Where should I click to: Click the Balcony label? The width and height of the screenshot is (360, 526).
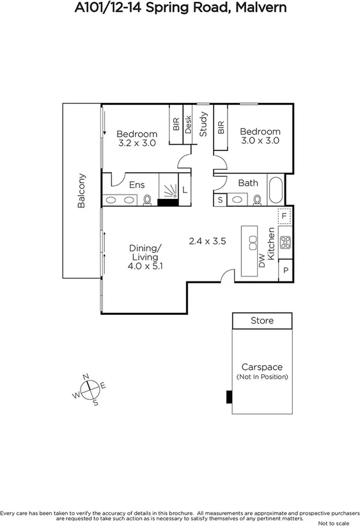point(81,190)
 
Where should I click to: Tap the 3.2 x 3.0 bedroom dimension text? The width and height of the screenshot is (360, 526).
point(137,143)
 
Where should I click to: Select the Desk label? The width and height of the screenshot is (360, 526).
point(189,124)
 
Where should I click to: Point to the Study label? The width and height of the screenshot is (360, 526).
point(203,125)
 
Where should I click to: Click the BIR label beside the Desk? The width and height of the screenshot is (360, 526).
point(175,124)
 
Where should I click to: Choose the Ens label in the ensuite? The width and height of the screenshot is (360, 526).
point(137,184)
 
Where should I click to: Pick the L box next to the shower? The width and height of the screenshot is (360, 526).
point(185,190)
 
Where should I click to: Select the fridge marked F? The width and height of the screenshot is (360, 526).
point(285,216)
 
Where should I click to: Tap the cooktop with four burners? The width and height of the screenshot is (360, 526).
point(285,243)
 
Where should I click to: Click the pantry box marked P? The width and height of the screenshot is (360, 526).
point(285,271)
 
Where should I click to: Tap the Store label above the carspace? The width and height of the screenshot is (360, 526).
point(262,321)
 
